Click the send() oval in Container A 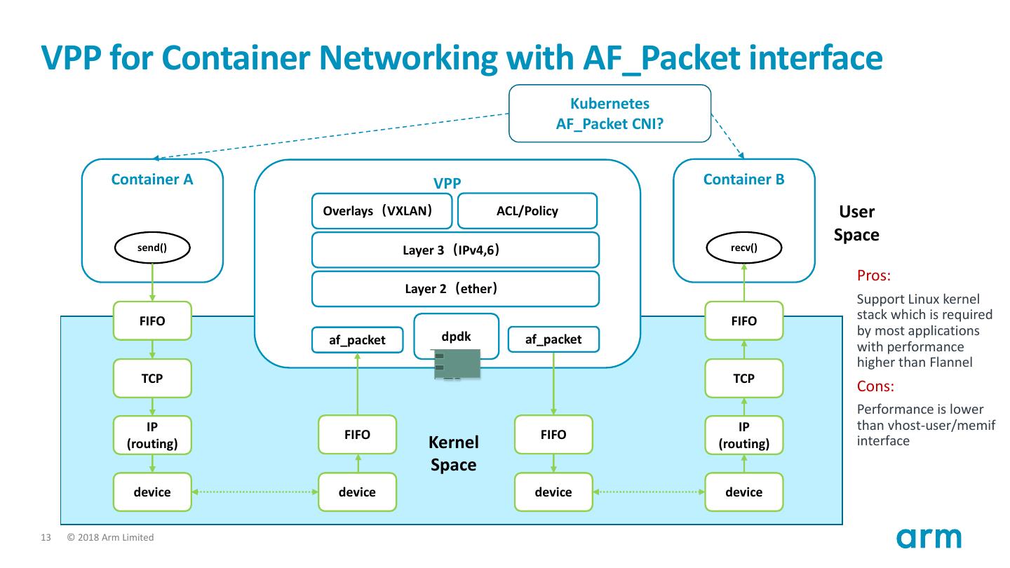tap(152, 248)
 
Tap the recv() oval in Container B tap(743, 248)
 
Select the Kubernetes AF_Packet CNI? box tap(609, 113)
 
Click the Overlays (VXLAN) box tap(382, 211)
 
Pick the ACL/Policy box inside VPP tap(527, 211)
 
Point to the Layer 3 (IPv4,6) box tap(455, 250)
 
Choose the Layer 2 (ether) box tap(455, 289)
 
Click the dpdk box tap(456, 336)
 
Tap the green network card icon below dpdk tap(456, 365)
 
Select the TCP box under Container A tap(152, 378)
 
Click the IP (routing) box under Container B tap(743, 435)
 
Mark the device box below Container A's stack tap(152, 492)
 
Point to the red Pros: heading tap(873, 276)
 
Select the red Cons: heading tap(875, 386)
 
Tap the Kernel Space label tap(453, 454)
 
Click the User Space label tap(856, 223)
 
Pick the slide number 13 tap(46, 538)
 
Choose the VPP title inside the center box tap(447, 184)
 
